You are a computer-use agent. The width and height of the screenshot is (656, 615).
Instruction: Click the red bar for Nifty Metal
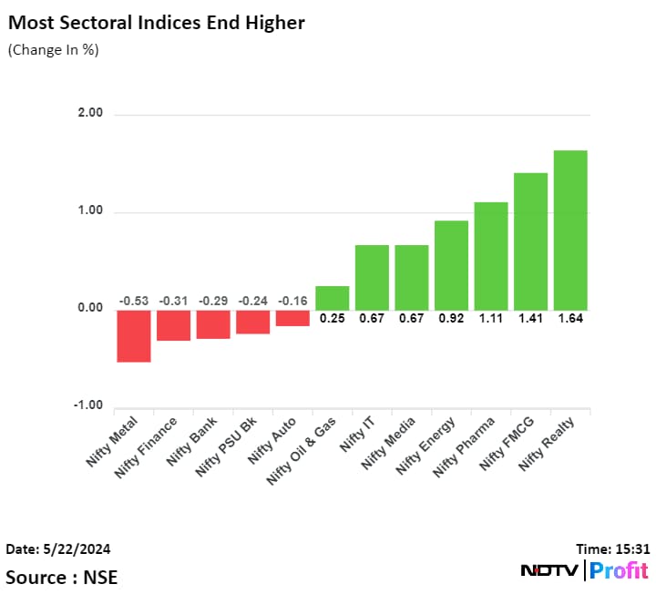[134, 335]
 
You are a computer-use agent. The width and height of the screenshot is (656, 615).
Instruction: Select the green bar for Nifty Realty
[570, 230]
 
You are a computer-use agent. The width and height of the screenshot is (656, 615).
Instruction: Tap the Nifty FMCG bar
[530, 241]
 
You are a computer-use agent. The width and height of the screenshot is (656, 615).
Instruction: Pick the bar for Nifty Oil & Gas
[333, 298]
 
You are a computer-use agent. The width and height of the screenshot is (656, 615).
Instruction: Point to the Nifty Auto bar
[292, 318]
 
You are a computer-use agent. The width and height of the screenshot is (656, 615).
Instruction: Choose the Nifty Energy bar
[451, 265]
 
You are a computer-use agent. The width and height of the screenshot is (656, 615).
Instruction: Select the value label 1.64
[570, 319]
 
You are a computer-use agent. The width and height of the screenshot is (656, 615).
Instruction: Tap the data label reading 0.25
[333, 319]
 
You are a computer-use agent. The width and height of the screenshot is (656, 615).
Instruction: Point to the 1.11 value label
[491, 319]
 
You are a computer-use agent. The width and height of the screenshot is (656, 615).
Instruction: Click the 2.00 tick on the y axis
[90, 114]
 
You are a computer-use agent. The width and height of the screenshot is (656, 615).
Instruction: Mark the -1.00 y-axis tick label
[88, 406]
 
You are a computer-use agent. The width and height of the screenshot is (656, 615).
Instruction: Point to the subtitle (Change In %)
[53, 50]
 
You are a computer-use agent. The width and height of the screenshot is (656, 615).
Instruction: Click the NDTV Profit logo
[584, 571]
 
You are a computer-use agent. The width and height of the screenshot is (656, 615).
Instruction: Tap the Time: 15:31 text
[613, 549]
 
